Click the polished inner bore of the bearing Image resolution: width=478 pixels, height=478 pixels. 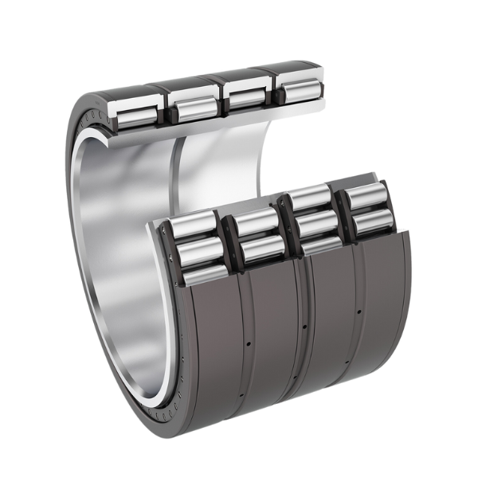[119, 263]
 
